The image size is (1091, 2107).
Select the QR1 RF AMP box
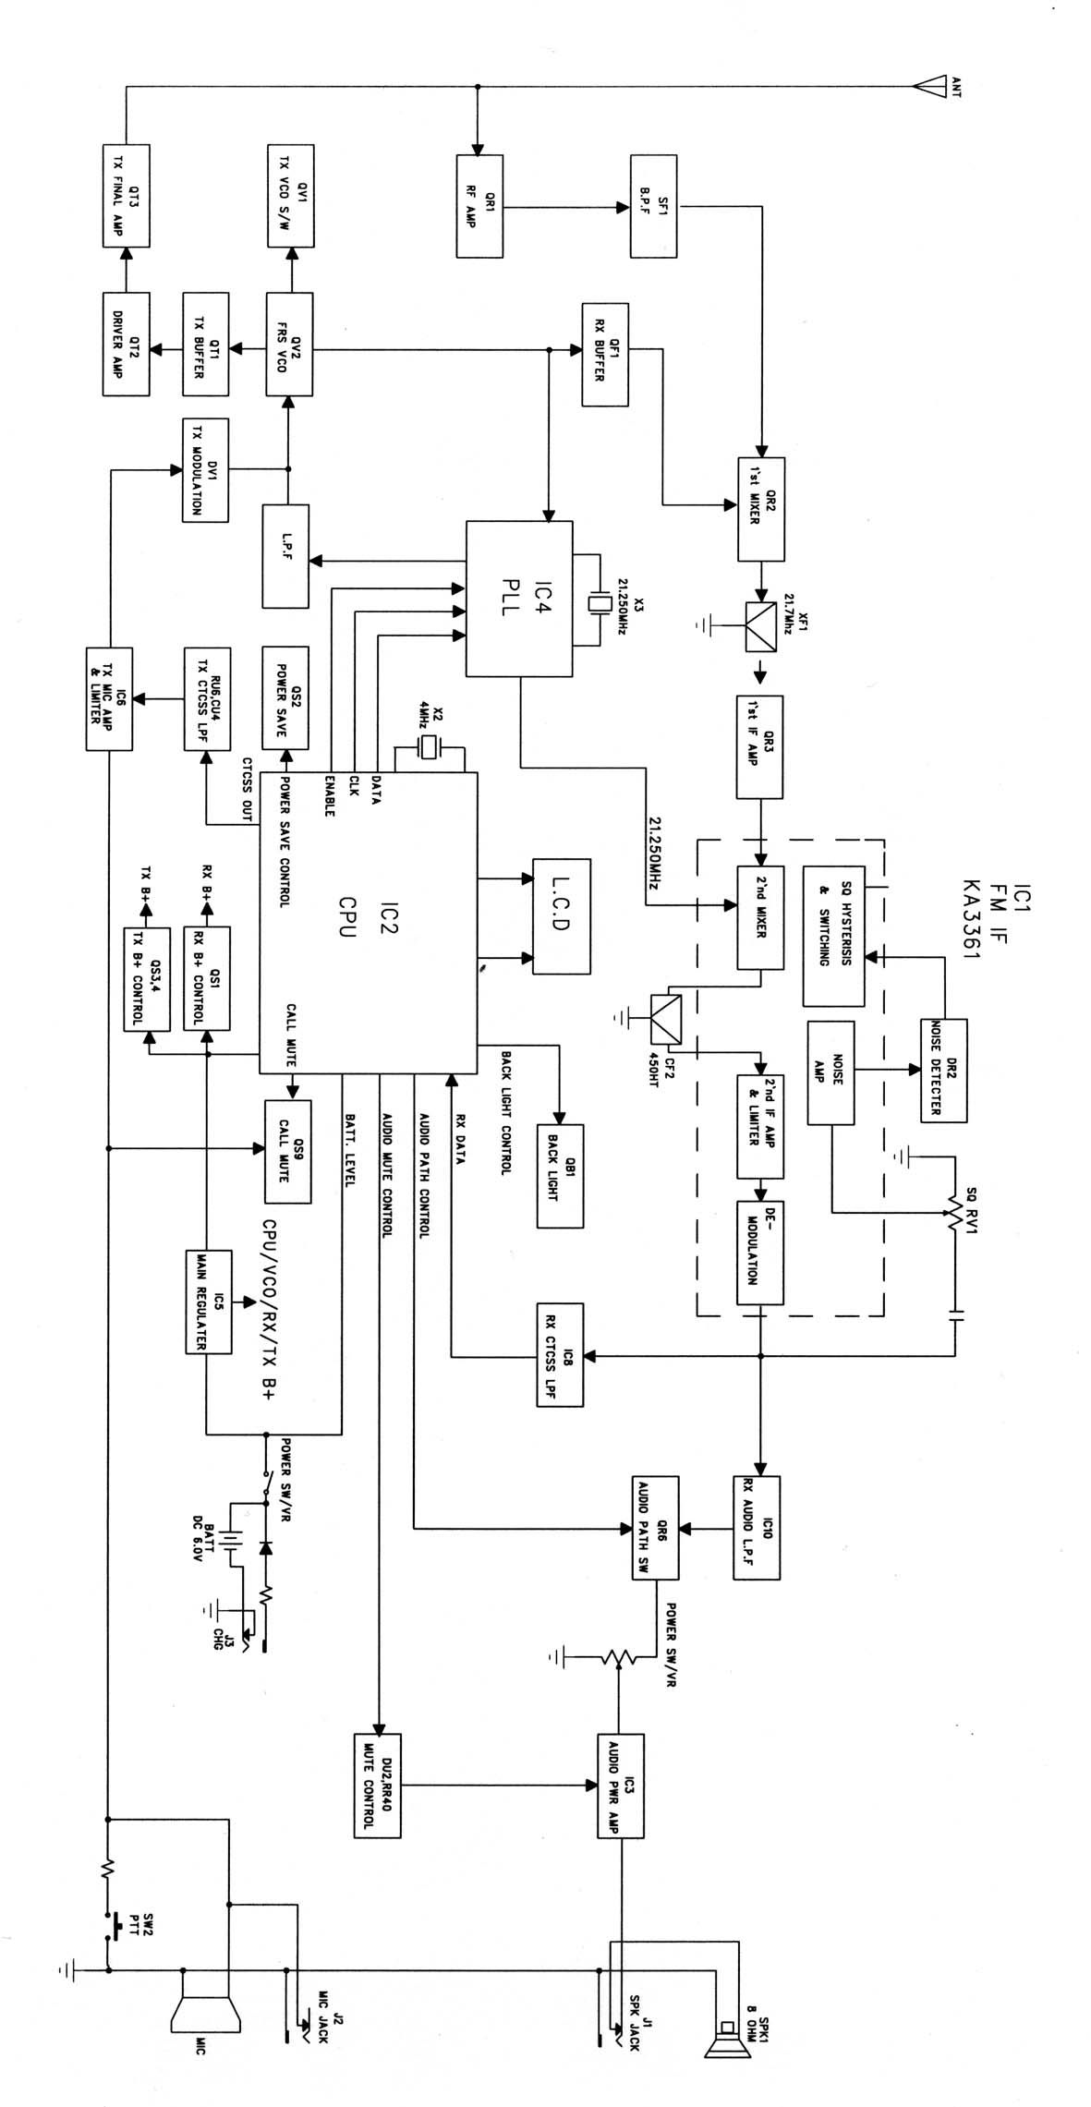480,206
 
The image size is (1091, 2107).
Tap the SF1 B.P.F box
653,206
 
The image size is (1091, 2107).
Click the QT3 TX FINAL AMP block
125,195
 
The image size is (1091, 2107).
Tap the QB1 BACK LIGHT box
561,1176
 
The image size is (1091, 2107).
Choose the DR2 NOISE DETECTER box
944,1071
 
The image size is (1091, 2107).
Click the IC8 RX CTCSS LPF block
561,1354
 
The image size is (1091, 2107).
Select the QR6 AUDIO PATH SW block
656,1528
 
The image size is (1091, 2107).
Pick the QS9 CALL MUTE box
287,1151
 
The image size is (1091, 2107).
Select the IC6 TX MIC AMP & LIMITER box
110,698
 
